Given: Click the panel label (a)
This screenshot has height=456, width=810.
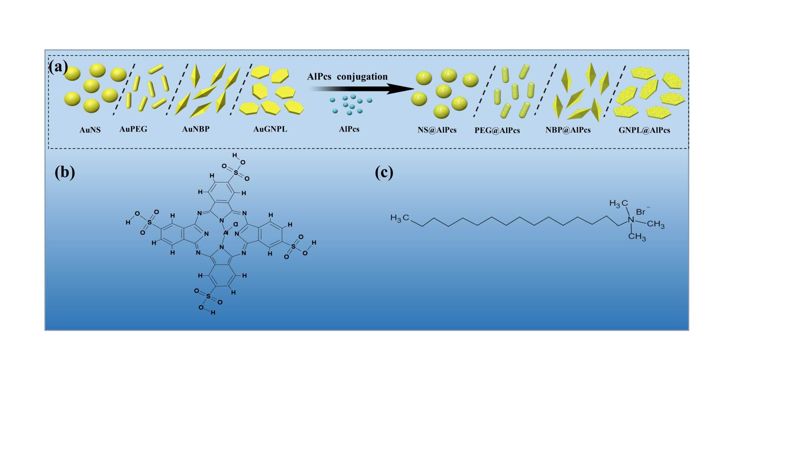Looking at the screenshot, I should pos(58,66).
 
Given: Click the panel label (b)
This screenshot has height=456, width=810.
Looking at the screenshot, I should pos(65,172).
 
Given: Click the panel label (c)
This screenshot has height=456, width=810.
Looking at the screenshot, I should pos(384,172).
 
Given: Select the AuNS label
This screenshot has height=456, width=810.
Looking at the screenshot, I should pos(90,130).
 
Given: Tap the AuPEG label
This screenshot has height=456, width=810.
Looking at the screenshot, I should pos(133,129).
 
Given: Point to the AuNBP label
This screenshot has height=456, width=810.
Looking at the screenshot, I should pos(196,129).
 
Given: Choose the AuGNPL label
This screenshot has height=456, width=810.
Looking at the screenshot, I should pos(270,129).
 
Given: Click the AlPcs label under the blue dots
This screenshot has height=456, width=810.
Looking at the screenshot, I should pos(349,129).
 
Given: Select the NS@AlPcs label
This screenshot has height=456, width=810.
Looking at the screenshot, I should pos(437,130).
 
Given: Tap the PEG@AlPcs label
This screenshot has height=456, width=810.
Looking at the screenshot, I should pos(497,130).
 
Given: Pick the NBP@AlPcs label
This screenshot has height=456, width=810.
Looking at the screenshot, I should pos(568,130).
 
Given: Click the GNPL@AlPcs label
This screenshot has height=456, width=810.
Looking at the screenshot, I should pos(644,130).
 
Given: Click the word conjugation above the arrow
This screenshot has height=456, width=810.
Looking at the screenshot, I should pos(362,77).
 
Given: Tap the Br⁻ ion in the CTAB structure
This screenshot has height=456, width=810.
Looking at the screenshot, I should pos(641,211).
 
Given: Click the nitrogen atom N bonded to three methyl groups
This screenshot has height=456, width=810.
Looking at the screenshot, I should pos(630,220).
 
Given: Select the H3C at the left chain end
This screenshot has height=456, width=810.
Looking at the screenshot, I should pos(400,218).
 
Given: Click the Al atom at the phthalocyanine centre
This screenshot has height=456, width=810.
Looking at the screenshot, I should pos(226,232).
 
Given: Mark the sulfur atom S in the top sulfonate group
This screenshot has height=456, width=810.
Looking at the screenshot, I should pos(236,172).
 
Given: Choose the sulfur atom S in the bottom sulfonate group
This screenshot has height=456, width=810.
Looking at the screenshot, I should pos(208,296).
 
